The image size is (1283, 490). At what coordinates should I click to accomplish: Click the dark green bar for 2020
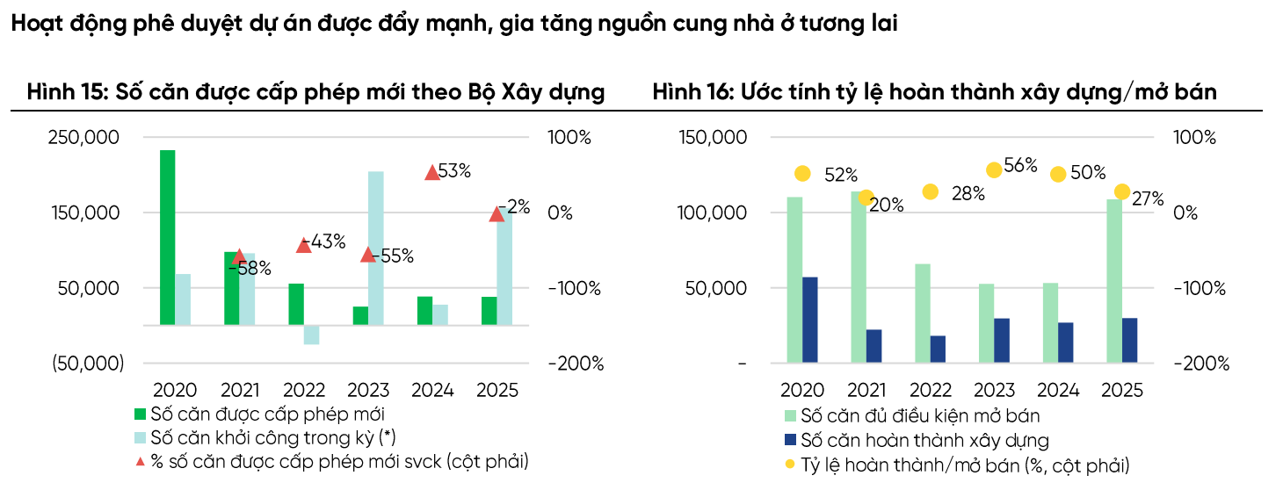pos(167,237)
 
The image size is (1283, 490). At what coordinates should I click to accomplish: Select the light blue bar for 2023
pos(375,248)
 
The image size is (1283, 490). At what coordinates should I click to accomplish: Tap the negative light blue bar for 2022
pos(311,335)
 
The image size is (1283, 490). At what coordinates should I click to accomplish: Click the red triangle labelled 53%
pos(431,173)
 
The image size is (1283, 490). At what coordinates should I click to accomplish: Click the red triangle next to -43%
pos(303,246)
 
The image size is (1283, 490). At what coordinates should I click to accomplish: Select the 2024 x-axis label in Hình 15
pos(431,390)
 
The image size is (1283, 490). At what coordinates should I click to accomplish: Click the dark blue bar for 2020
pos(809,319)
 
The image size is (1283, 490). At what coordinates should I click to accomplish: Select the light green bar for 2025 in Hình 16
pos(1114,280)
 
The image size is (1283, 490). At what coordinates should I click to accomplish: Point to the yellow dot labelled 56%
pos(994,170)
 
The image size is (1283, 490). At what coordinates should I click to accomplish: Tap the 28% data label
pos(968,194)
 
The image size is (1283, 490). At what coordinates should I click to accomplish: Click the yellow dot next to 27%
pos(1122,191)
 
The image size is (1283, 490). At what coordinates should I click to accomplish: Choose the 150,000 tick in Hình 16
pos(713,138)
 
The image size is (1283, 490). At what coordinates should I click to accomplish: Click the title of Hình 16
pos(934,92)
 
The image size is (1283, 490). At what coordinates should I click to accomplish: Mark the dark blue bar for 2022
pos(938,348)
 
